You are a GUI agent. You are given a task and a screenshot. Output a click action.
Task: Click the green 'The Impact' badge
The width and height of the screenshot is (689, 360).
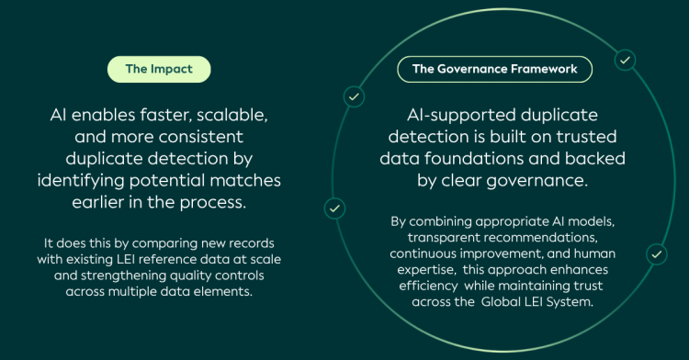point(159,69)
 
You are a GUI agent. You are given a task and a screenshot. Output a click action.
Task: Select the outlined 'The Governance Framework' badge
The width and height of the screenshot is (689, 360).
point(495,69)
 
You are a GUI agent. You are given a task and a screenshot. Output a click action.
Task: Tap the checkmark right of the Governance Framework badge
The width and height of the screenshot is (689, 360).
point(625,60)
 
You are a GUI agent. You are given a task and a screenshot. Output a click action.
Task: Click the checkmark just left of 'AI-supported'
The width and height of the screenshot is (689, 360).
point(354,96)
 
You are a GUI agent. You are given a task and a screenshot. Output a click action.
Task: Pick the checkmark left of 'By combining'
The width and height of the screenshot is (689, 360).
point(334,208)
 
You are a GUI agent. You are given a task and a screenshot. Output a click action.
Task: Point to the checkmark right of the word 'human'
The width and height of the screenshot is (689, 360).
point(657,254)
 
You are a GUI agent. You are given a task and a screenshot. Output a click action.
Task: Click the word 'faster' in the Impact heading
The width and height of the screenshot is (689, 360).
point(165,115)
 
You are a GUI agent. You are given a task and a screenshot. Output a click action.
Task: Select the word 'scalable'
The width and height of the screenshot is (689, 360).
point(232,115)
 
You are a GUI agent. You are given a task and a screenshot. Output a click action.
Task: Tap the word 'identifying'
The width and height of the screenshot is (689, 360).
point(81,181)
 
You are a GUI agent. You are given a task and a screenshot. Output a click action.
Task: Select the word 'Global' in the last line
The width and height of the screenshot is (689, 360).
point(500,302)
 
